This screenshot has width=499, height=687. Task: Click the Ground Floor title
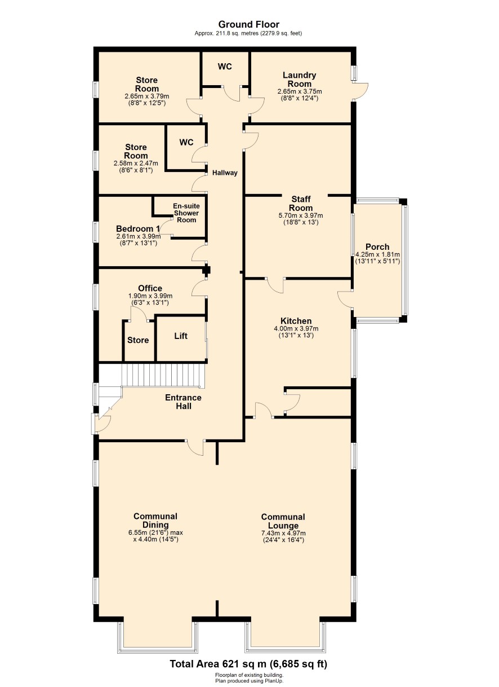249,24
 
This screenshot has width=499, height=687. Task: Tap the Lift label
181,336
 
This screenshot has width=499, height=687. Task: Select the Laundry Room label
299,79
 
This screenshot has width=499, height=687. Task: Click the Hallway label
225,173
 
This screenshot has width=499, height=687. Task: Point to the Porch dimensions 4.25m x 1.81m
377,254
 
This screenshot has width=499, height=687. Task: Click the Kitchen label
296,321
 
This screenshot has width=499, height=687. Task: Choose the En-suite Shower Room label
186,213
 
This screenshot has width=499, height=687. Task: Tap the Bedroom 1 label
138,229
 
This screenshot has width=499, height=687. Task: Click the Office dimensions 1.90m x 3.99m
150,296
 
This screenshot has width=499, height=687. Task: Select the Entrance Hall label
183,402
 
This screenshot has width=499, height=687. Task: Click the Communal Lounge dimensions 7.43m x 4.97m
283,534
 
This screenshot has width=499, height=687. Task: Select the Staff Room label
301,204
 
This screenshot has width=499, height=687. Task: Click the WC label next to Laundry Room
225,67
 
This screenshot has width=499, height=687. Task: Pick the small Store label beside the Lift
138,340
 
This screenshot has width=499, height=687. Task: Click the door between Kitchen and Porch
345,299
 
